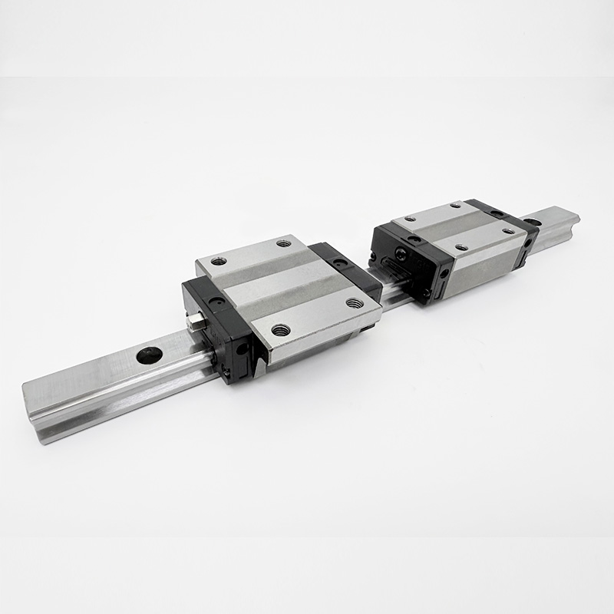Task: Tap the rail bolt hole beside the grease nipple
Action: click(x=150, y=355)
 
